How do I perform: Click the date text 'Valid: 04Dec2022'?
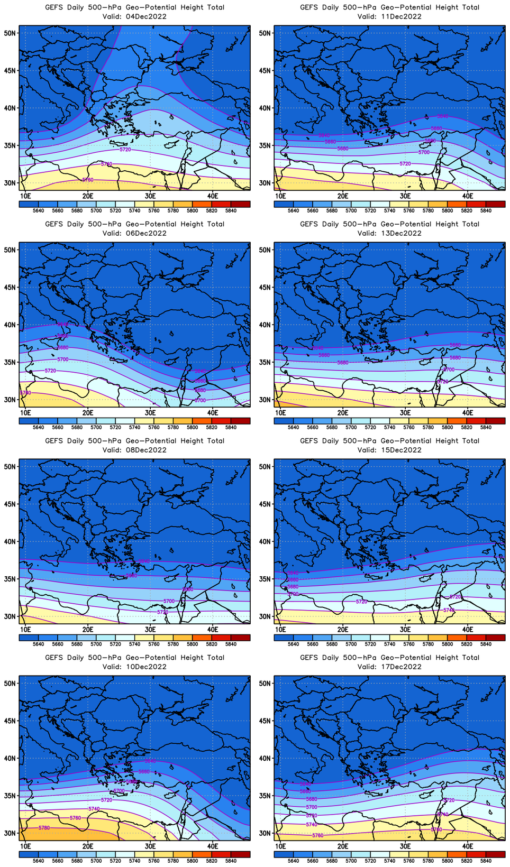[134, 16]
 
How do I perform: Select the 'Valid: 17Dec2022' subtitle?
[389, 667]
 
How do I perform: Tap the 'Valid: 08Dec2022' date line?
[134, 450]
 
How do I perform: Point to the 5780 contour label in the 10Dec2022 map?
[44, 827]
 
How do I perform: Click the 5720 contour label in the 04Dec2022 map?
[125, 150]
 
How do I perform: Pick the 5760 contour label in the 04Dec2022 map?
[88, 180]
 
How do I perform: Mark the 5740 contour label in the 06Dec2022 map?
[25, 393]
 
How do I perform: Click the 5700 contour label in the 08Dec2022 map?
[169, 601]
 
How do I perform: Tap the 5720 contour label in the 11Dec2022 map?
[405, 164]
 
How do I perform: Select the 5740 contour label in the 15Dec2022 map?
[449, 610]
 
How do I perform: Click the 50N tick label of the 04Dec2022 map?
[11, 33]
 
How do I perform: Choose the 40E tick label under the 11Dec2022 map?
[468, 196]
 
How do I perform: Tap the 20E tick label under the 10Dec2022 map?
[88, 846]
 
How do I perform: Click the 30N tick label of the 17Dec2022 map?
[266, 833]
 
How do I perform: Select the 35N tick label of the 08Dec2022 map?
[11, 579]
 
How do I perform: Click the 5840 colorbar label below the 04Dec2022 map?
[231, 211]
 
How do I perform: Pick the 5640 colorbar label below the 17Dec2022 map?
[293, 861]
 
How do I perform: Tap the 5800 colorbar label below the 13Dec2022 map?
[447, 428]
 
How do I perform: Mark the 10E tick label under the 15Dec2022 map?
[280, 630]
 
